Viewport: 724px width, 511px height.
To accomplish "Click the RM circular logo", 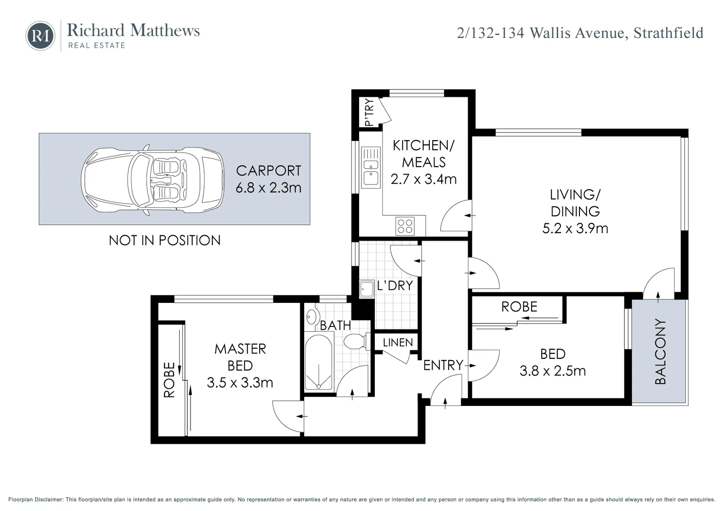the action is coord(40,36).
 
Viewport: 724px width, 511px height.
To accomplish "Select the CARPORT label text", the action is coord(269,171).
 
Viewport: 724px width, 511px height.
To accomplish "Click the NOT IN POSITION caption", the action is coord(164,240).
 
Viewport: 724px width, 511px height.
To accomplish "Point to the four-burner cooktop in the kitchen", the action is coord(405,226).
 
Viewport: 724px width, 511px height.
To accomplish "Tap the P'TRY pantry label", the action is coord(369,112).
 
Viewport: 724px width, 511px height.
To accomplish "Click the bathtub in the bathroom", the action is coord(319,362).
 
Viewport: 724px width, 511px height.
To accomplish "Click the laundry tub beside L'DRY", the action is coord(367,289).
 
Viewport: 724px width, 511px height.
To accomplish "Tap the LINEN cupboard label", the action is coord(398,343).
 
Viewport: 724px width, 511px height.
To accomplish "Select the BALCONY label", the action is coord(661,352).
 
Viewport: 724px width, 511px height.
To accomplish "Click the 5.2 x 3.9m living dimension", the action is coord(575,229).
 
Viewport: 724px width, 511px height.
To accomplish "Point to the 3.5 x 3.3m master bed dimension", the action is coord(240,382).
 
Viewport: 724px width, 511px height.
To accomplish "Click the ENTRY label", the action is coord(443,365).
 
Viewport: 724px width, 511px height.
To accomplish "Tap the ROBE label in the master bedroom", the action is coord(169,379).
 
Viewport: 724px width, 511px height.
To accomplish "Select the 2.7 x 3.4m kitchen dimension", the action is coord(424,179).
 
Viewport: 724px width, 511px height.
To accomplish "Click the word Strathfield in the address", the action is coord(669,33).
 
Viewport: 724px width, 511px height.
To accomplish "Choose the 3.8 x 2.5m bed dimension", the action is coord(552,371).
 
